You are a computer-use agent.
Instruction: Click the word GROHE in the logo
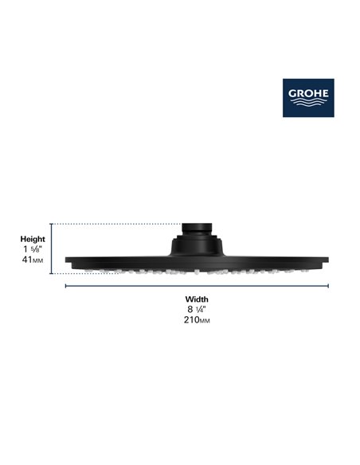308,89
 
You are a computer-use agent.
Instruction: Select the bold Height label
33,238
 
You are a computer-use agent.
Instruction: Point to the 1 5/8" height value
33,248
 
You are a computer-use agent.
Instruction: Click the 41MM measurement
33,260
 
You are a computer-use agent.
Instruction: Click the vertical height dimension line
53,248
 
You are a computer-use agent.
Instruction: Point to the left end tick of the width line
65,285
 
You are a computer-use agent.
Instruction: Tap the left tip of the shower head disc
67,264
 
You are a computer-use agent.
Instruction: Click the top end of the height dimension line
53,225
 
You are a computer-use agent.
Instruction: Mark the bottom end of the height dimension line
53,273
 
